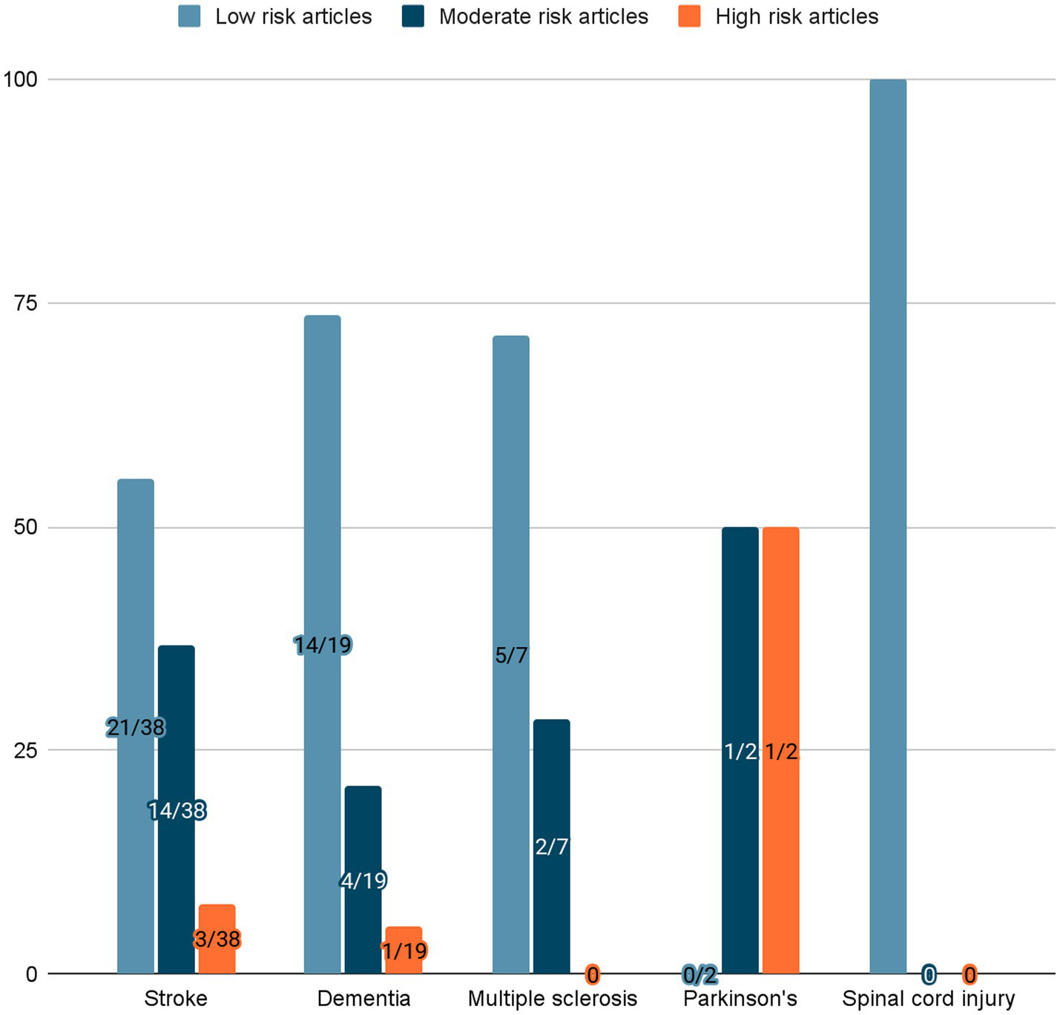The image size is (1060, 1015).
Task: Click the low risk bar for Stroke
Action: click(x=136, y=594)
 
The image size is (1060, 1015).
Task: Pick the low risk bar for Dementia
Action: click(x=323, y=482)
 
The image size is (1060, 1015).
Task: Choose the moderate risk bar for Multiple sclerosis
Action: click(x=551, y=779)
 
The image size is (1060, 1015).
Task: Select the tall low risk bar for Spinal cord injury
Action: click(x=888, y=519)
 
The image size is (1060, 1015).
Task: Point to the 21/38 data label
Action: click(x=136, y=728)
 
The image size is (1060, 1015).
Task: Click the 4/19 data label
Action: click(x=363, y=881)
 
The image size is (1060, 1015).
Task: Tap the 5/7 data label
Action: click(x=511, y=655)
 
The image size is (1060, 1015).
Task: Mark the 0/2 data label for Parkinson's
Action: click(x=699, y=975)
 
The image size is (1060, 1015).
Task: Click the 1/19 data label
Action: click(x=404, y=950)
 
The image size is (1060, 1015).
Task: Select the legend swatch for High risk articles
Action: click(x=689, y=16)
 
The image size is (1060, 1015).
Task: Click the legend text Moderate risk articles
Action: click(x=543, y=16)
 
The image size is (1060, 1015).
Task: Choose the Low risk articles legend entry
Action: click(x=293, y=16)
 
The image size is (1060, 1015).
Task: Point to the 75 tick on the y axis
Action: click(x=26, y=303)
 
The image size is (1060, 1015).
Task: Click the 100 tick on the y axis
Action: click(x=20, y=79)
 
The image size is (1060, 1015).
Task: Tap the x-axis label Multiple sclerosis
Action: click(x=552, y=999)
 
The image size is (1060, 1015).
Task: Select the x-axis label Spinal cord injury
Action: click(x=928, y=999)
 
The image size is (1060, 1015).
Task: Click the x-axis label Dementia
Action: click(x=363, y=999)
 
